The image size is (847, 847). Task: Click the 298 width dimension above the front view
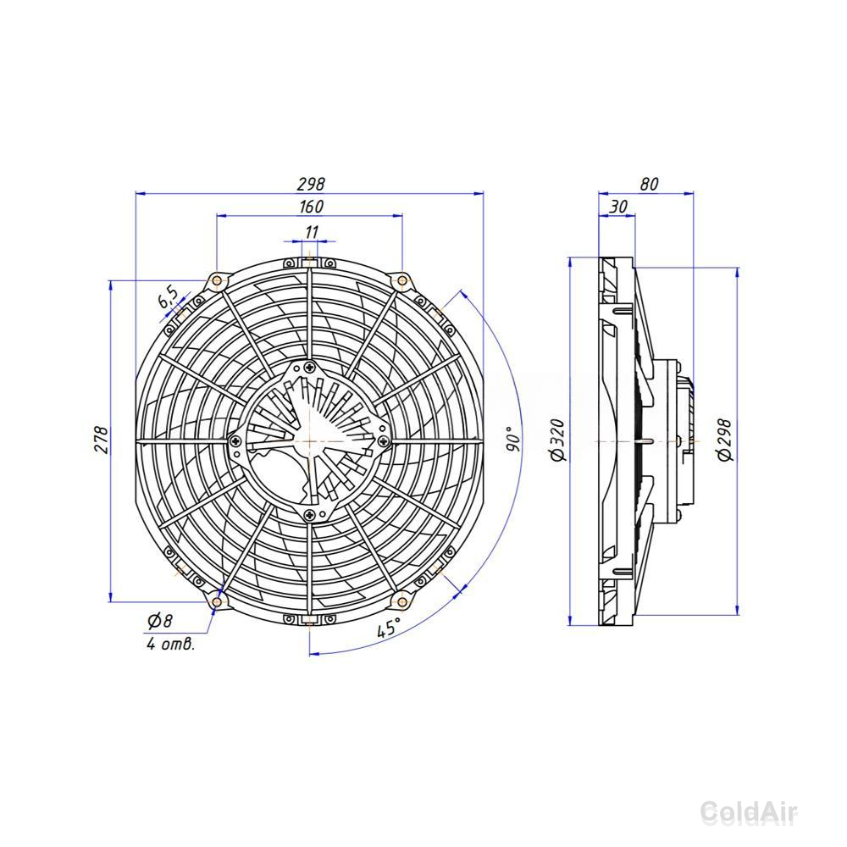click(x=311, y=184)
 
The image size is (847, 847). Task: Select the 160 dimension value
click(x=311, y=207)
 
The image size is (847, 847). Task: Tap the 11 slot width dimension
click(x=312, y=232)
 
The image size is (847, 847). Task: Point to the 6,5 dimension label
click(x=168, y=297)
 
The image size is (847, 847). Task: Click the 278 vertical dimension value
click(x=102, y=440)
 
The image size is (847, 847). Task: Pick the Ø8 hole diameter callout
click(x=160, y=621)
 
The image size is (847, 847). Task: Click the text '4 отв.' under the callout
click(x=170, y=644)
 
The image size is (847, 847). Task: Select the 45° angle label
click(x=389, y=628)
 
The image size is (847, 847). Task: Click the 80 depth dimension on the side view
click(x=650, y=184)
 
